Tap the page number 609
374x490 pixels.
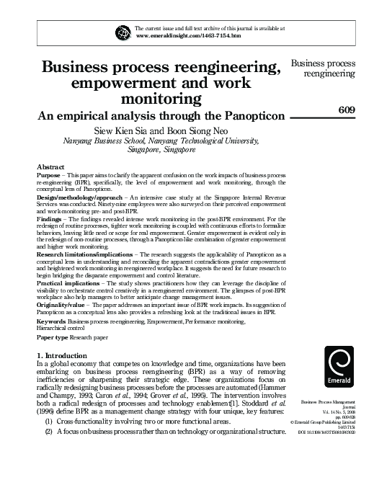(348, 109)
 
